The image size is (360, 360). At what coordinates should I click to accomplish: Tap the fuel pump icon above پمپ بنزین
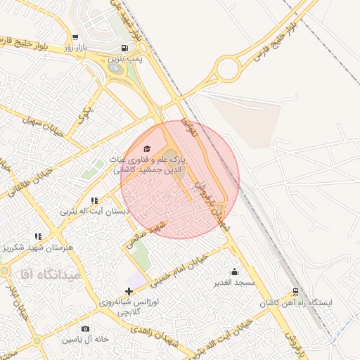(124, 49)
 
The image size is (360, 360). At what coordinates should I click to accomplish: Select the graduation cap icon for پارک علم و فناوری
(147, 148)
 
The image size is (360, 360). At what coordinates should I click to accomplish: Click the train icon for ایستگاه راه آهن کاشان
(295, 291)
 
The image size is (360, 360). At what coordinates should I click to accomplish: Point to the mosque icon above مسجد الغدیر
(234, 271)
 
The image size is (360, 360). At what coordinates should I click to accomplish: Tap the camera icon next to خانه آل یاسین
(85, 328)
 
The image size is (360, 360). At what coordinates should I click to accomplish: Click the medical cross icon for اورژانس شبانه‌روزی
(128, 291)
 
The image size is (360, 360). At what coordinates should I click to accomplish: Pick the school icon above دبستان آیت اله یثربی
(95, 200)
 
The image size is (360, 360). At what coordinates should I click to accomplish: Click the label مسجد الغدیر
(235, 283)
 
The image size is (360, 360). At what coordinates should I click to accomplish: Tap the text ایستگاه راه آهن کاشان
(295, 302)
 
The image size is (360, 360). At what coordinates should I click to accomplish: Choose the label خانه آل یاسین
(85, 339)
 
